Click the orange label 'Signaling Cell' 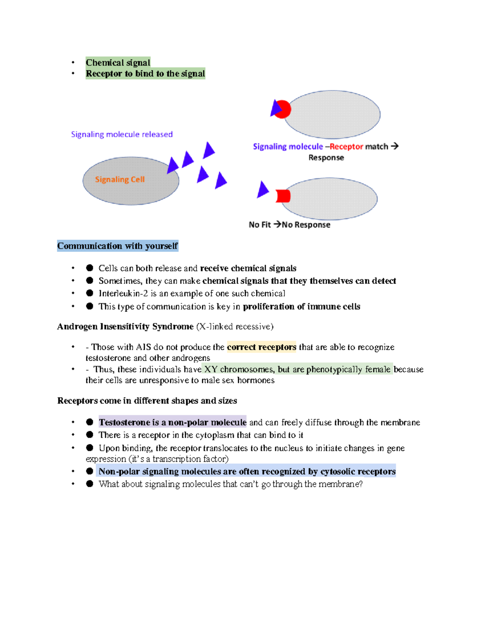point(120,180)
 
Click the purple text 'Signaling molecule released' point(122,134)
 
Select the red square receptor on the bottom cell point(283,196)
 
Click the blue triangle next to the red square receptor point(263,190)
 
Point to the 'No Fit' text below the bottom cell point(259,225)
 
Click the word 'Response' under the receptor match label point(326,158)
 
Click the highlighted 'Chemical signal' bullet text point(118,63)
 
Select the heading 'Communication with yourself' point(117,246)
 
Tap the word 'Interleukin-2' point(123,294)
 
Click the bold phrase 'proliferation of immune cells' point(302,307)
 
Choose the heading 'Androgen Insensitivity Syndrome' point(125,327)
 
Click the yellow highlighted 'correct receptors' point(261,347)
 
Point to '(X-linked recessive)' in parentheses point(235,327)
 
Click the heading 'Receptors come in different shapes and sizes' point(147,401)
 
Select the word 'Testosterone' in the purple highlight point(124,423)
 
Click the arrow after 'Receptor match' point(395,146)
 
